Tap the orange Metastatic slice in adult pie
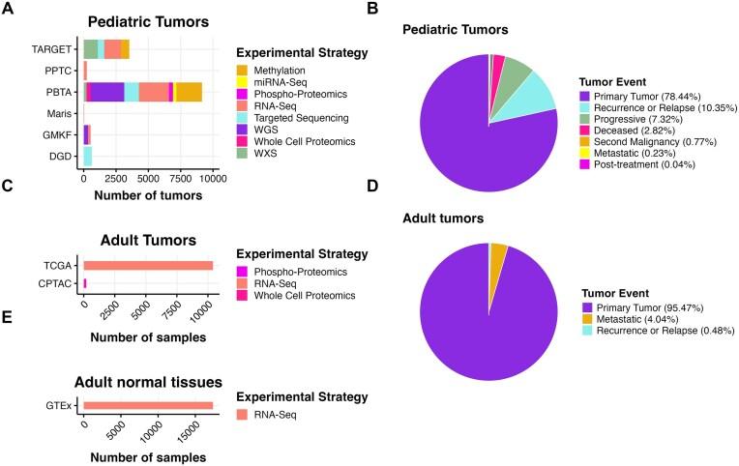click(x=498, y=251)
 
